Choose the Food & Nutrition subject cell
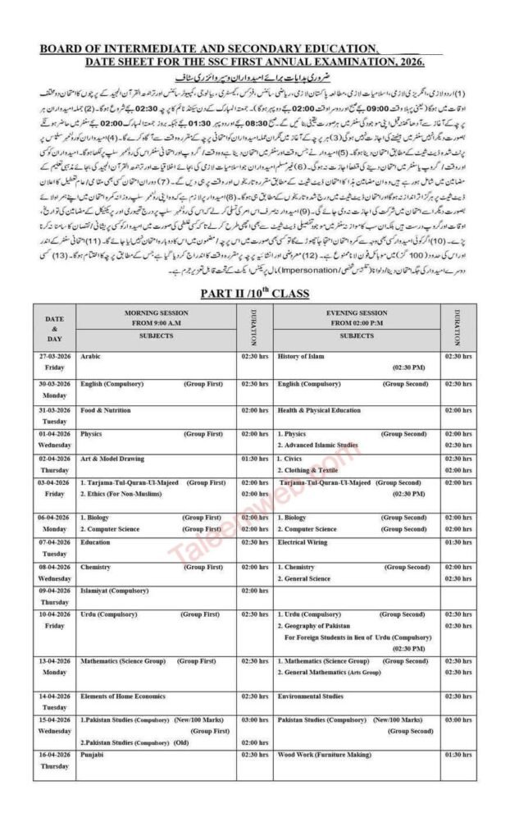pyautogui.click(x=105, y=410)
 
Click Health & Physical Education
pyautogui.click(x=319, y=410)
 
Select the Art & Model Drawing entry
pyautogui.click(x=112, y=459)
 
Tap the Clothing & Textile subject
pyautogui.click(x=311, y=471)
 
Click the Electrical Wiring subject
pyautogui.click(x=303, y=542)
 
